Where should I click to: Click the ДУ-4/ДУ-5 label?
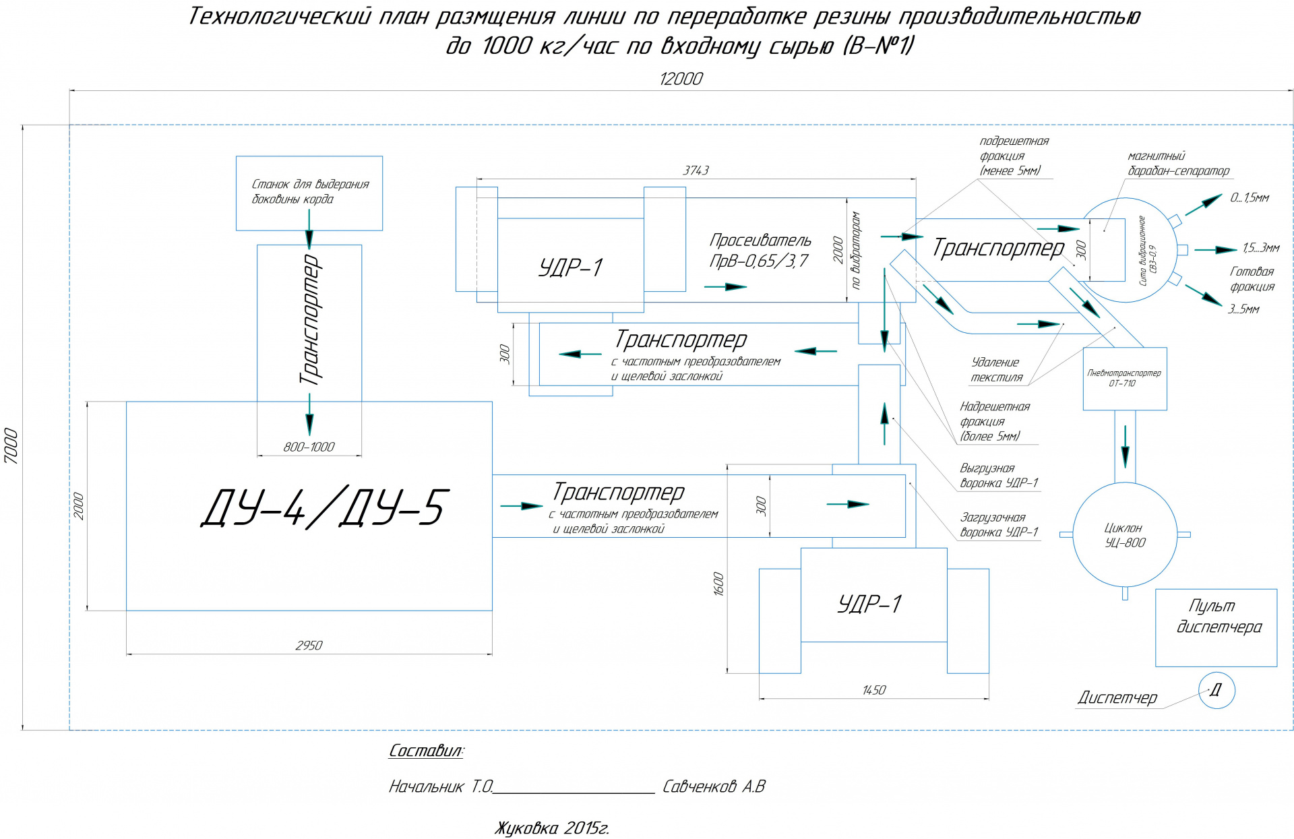click(323, 507)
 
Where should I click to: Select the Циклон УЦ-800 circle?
click(1124, 534)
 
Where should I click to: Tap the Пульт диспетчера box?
click(1216, 627)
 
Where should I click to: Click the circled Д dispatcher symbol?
click(1216, 690)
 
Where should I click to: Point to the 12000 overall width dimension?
click(681, 79)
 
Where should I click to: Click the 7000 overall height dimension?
click(11, 445)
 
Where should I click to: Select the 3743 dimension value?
click(696, 170)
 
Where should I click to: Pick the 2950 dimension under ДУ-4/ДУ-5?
click(309, 645)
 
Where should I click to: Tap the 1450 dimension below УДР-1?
click(873, 690)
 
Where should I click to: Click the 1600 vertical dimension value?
click(718, 584)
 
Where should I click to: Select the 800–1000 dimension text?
click(309, 447)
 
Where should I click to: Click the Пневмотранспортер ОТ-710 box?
click(1124, 378)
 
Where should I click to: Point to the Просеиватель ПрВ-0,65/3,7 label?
click(760, 250)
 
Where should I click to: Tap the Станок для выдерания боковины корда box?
click(309, 193)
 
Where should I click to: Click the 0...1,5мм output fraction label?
click(1249, 197)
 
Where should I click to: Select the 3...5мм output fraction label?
click(1243, 309)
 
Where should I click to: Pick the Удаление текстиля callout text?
click(996, 370)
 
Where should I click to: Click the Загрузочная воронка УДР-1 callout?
click(999, 524)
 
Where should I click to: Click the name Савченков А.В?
click(714, 786)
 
